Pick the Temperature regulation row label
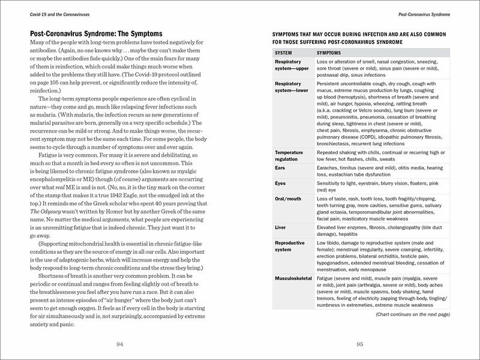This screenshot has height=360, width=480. [x=292, y=156]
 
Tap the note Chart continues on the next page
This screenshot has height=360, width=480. [x=411, y=314]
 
